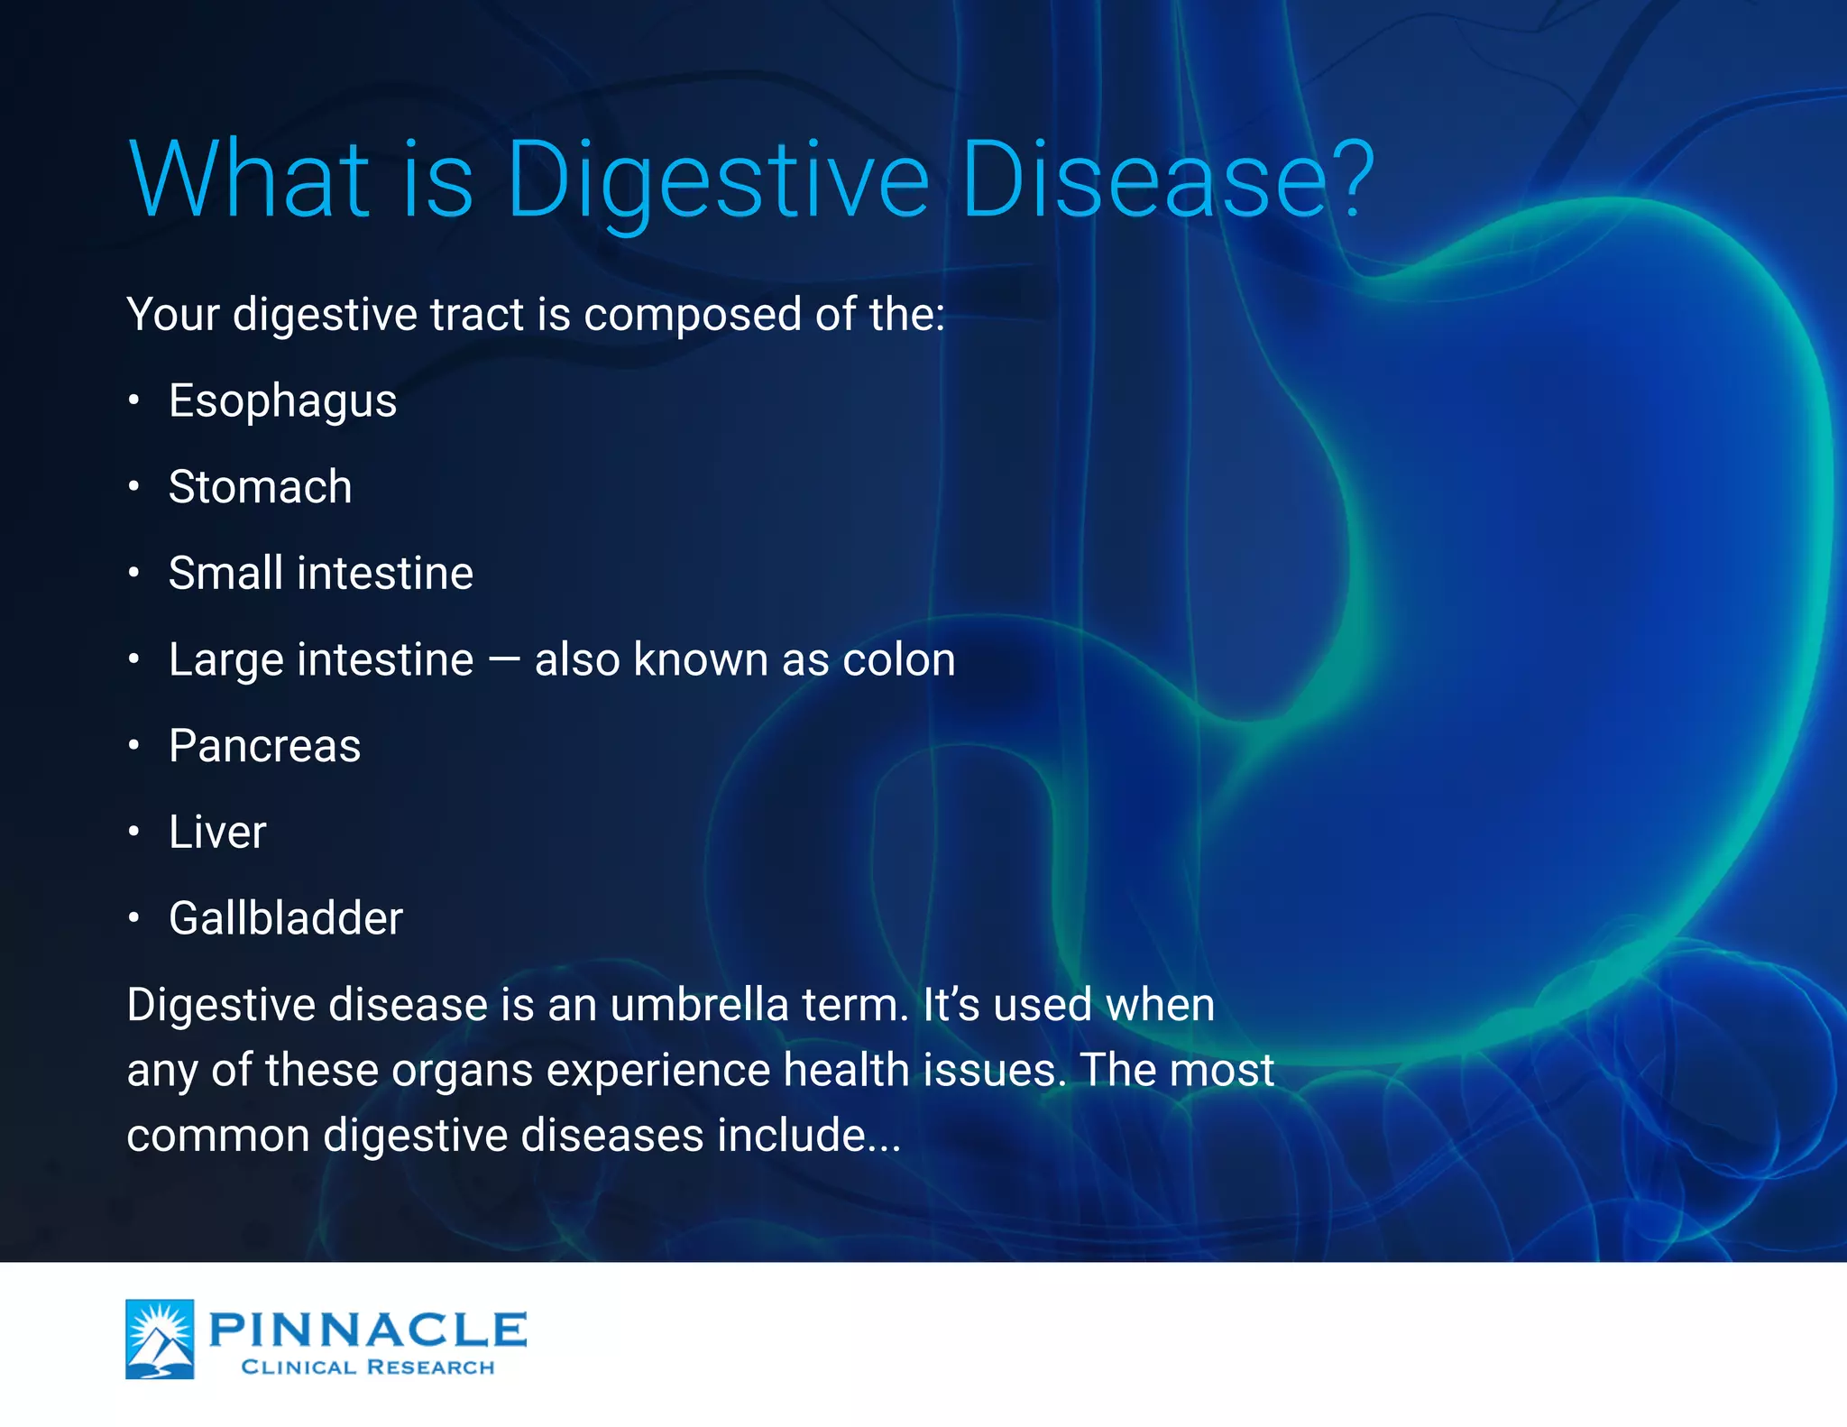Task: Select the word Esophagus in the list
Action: coord(282,401)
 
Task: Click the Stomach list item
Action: coord(260,487)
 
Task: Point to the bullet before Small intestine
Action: coord(133,574)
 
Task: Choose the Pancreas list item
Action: coord(264,746)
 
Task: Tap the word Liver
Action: coord(217,832)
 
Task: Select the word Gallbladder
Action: coord(285,918)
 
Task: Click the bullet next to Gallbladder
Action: coord(133,918)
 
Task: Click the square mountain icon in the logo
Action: coord(160,1339)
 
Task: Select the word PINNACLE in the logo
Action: coord(368,1330)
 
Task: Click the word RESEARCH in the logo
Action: coord(431,1367)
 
